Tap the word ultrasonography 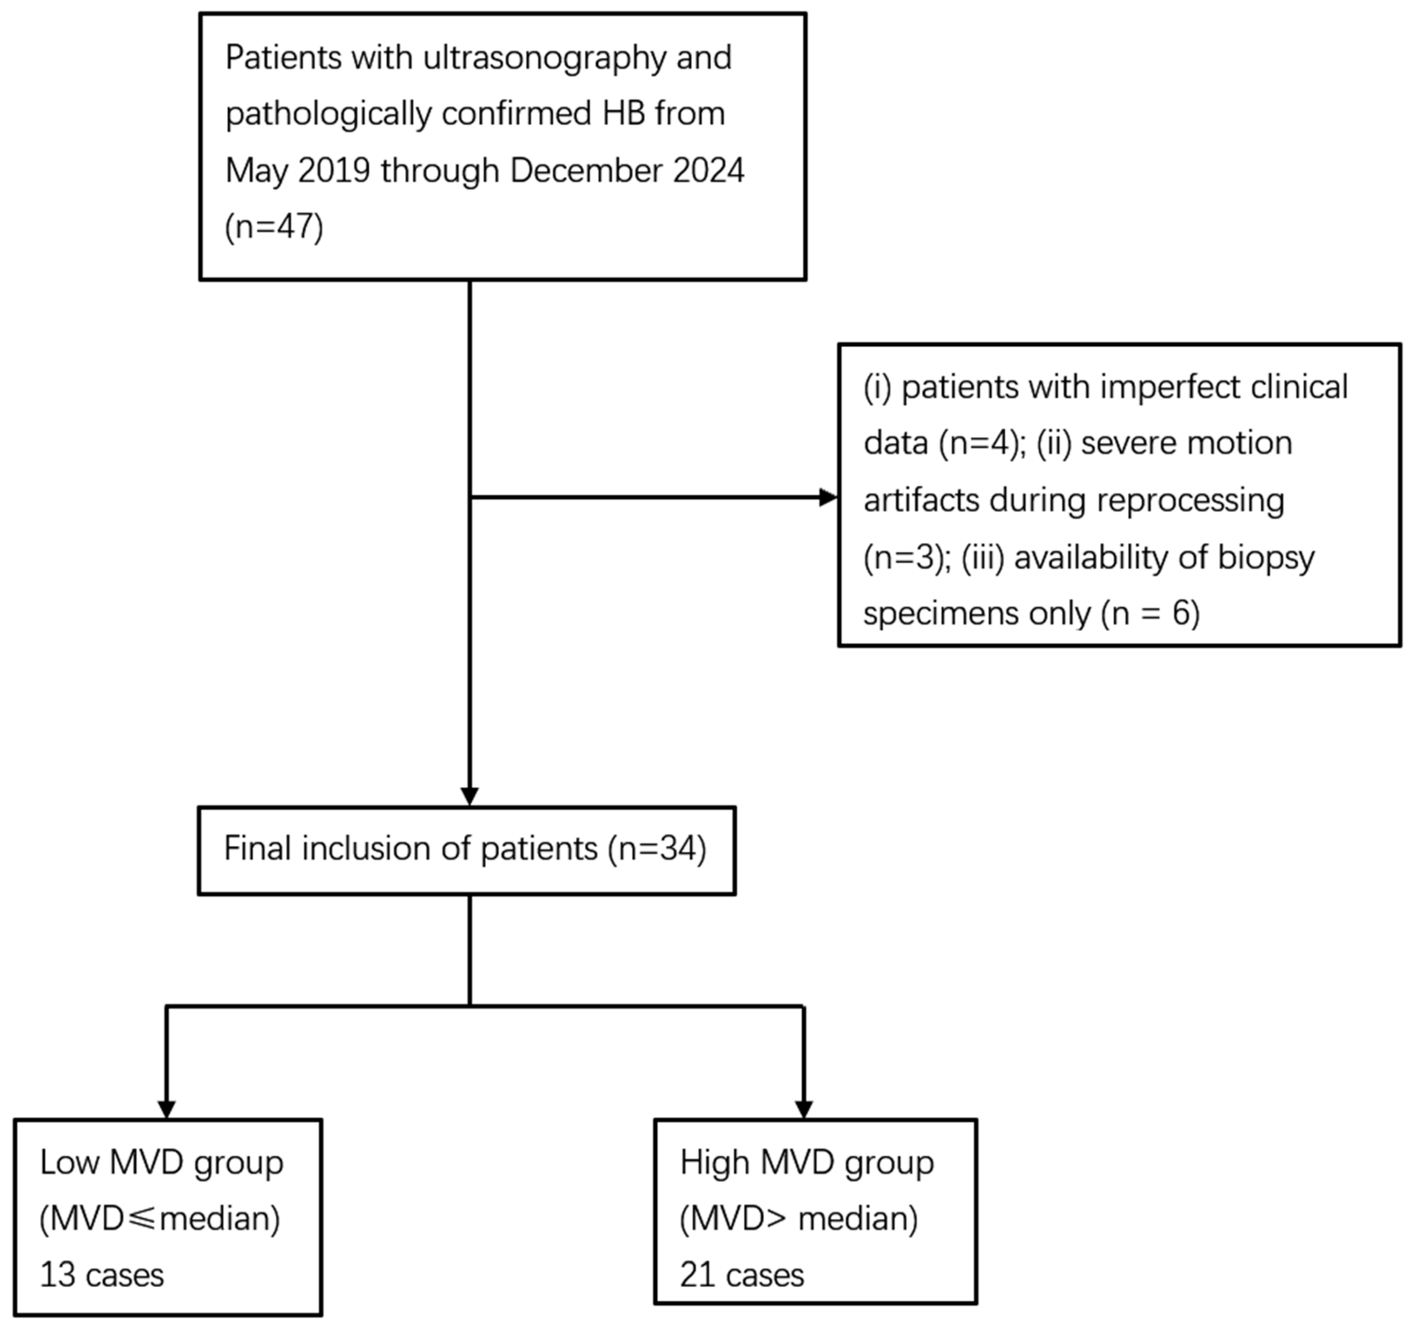coord(545,58)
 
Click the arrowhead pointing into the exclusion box coord(828,498)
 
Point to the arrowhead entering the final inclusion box coord(470,796)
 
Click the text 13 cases coord(102,1275)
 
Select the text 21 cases coord(742,1275)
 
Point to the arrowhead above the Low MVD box coord(167,1109)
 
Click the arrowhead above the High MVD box coord(803,1109)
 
